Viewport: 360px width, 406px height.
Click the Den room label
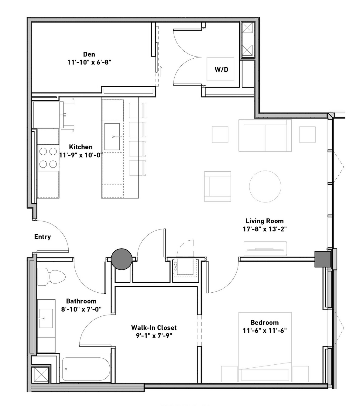[x=89, y=54]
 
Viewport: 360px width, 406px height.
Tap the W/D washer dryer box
[x=220, y=69]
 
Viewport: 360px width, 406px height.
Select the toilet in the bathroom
[x=51, y=277]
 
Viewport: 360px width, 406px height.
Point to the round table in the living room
[x=265, y=186]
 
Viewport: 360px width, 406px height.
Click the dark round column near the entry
[x=122, y=259]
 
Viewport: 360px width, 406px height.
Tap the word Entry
[x=43, y=237]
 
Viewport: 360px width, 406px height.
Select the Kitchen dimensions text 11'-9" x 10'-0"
[x=81, y=155]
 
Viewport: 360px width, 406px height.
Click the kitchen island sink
[x=112, y=136]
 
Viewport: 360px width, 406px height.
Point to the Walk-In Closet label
[x=154, y=328]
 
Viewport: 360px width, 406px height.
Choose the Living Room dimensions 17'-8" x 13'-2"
[x=265, y=229]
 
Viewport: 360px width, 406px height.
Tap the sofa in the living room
[x=265, y=135]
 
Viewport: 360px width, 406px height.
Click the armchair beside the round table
[x=218, y=186]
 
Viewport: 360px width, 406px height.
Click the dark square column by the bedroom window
[x=322, y=259]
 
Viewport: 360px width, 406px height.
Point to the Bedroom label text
[x=265, y=322]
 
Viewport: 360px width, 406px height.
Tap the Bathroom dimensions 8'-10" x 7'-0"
[x=81, y=309]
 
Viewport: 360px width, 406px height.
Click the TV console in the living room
[x=265, y=249]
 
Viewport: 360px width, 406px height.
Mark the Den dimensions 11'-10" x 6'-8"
[x=89, y=62]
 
